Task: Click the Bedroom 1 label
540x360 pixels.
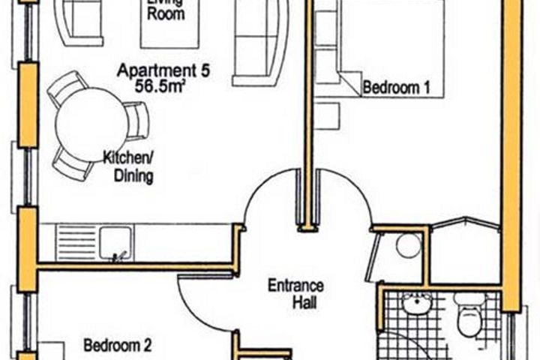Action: pyautogui.click(x=396, y=88)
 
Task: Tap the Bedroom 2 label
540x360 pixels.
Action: pyautogui.click(x=118, y=346)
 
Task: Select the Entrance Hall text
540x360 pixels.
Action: pyautogui.click(x=297, y=294)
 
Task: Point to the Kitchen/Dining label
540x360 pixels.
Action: pyautogui.click(x=128, y=167)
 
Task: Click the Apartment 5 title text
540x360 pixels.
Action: pyautogui.click(x=163, y=72)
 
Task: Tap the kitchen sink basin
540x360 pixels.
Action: pyautogui.click(x=115, y=241)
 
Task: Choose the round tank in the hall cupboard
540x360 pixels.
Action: pyautogui.click(x=409, y=245)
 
